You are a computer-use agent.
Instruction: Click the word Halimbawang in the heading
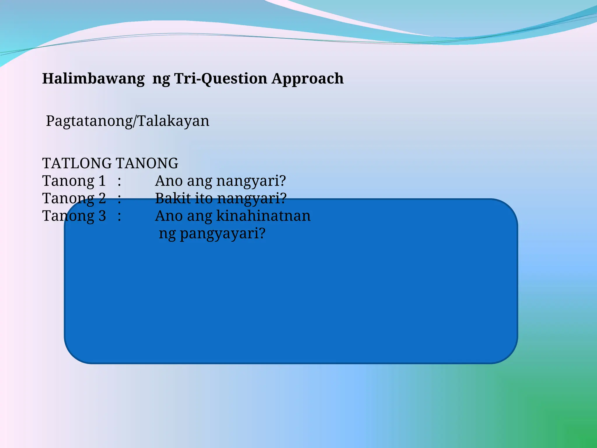(93, 79)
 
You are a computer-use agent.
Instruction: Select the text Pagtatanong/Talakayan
(128, 121)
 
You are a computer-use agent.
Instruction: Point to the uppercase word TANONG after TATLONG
(147, 163)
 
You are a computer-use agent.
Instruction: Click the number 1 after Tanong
(102, 181)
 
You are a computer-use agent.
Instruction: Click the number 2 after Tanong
(102, 199)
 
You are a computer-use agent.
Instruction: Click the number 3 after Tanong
(102, 216)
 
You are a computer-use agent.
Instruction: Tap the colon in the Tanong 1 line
(119, 182)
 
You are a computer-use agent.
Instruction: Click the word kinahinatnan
(264, 216)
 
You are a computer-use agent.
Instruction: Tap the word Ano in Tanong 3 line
(168, 216)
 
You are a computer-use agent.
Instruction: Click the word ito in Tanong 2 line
(204, 198)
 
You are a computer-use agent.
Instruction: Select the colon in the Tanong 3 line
(119, 217)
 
